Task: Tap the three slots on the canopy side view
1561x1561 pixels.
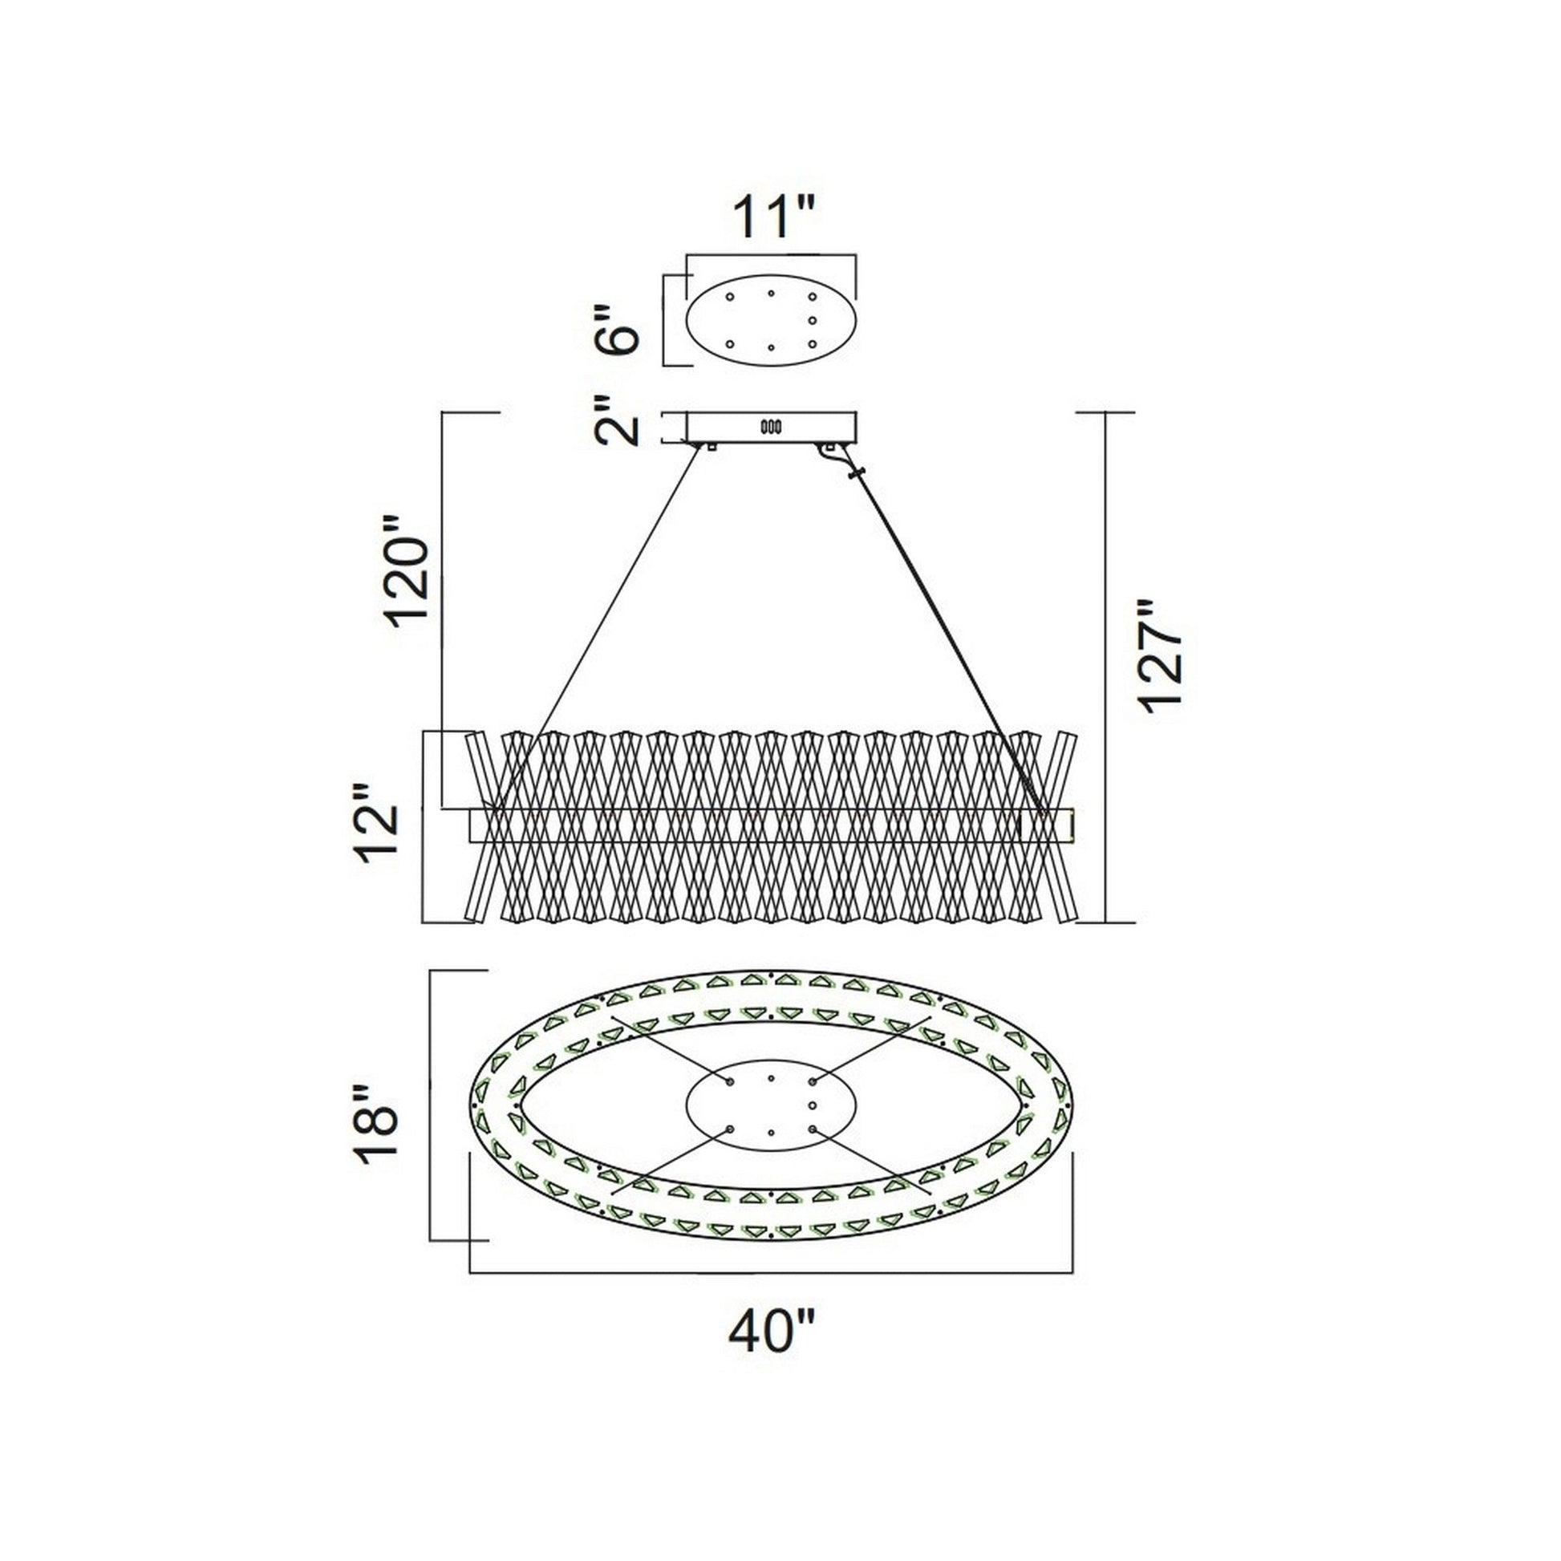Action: (x=770, y=426)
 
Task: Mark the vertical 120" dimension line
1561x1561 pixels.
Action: (x=443, y=606)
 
